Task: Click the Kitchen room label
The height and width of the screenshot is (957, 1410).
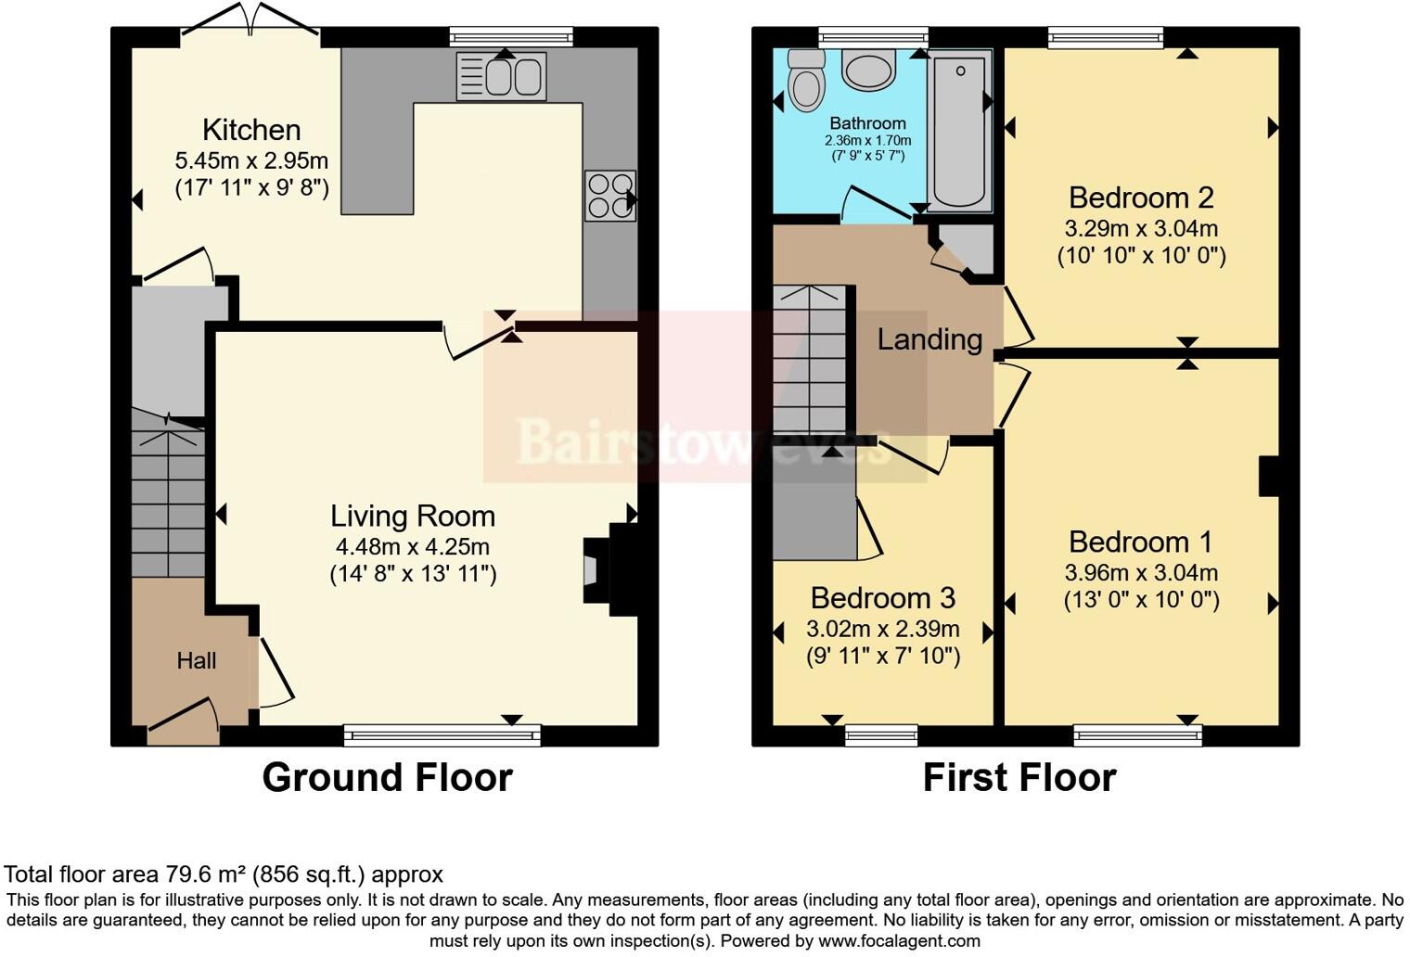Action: point(251,130)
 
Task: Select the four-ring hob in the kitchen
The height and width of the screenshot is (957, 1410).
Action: point(609,196)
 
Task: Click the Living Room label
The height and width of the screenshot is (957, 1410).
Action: point(413,516)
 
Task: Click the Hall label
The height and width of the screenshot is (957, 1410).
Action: point(197,660)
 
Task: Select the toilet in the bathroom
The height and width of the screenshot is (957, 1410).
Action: point(805,82)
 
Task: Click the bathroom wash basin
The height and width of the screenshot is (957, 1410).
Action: point(869,70)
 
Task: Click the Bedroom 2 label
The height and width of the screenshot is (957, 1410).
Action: point(1141,198)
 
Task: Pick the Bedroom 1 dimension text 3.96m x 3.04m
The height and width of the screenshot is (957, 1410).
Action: point(1141,573)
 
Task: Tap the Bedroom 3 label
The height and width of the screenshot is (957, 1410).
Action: point(882,598)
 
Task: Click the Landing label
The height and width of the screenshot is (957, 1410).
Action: point(929,339)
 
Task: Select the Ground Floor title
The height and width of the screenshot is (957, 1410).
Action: point(387,777)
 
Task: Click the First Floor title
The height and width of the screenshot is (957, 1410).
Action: point(1019,777)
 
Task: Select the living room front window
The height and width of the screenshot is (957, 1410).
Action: point(442,736)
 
